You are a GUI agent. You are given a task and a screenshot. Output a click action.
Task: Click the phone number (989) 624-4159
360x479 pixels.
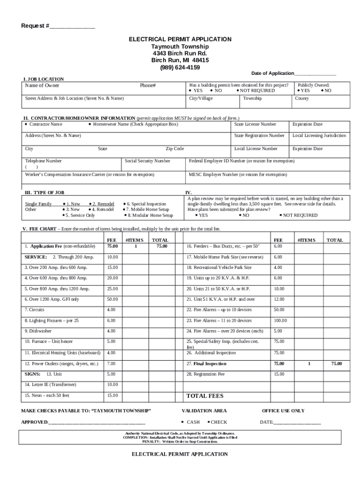(180, 67)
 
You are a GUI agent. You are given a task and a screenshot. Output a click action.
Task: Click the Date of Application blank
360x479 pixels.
(315, 73)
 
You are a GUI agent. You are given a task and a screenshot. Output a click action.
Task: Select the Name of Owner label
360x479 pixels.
(42, 86)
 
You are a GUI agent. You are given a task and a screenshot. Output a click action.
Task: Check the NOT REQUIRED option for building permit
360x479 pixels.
(257, 91)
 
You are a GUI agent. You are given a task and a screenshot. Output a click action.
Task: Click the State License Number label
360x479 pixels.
(255, 124)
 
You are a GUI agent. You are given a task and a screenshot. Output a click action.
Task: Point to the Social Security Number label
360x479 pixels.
(147, 161)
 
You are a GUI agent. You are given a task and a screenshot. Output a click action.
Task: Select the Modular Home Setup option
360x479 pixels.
(149, 216)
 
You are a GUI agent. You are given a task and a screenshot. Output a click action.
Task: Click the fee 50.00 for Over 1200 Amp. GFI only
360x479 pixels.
(112, 299)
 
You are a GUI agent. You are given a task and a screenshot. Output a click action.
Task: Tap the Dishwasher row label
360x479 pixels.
(38, 331)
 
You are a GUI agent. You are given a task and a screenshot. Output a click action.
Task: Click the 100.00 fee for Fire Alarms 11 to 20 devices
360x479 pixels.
(281, 321)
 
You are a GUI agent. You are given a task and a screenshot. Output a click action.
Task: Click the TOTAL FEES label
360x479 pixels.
(205, 396)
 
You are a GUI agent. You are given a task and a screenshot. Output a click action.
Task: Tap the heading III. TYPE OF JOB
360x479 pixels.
(44, 192)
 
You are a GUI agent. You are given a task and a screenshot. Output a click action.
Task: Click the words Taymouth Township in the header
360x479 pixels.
(180, 47)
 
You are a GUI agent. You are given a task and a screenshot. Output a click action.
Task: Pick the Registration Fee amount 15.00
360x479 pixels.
(279, 374)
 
